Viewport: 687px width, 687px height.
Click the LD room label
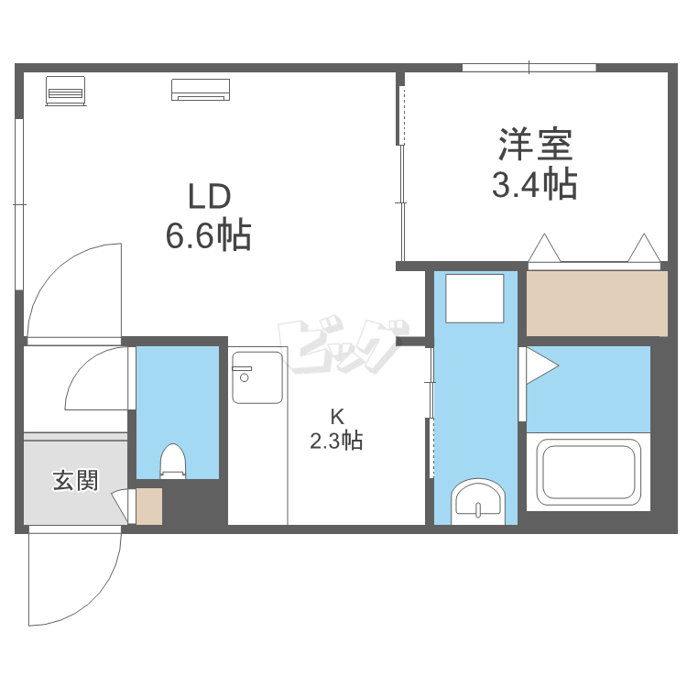(x=210, y=197)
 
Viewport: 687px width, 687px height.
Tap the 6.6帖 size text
(x=209, y=235)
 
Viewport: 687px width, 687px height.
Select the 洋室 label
(x=536, y=144)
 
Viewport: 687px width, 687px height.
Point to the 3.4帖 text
(x=535, y=184)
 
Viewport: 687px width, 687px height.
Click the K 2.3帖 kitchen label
(x=336, y=430)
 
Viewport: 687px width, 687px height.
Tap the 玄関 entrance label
(x=75, y=481)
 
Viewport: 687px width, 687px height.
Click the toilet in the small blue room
(x=173, y=461)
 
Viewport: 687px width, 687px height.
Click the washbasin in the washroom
(x=478, y=501)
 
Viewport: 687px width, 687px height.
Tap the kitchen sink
(x=257, y=377)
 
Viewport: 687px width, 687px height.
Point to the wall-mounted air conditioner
(x=201, y=90)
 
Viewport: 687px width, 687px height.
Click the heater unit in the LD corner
(x=66, y=91)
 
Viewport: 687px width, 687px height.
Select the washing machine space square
(x=474, y=299)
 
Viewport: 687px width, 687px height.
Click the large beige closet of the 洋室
(x=596, y=303)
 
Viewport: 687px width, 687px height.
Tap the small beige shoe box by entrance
(x=149, y=507)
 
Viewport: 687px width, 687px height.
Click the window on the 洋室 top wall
(x=529, y=68)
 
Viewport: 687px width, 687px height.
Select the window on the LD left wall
(x=19, y=204)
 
